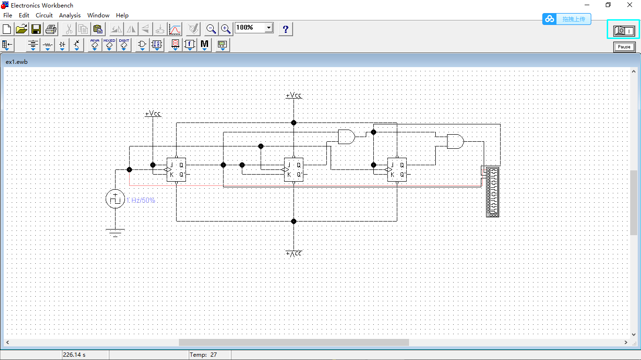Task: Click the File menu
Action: (8, 15)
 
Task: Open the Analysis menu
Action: (70, 15)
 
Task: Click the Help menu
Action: (122, 15)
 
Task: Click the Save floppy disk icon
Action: (36, 29)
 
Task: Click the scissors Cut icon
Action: (69, 29)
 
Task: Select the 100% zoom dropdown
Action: (254, 28)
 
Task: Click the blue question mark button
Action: (285, 29)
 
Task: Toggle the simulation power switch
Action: (624, 31)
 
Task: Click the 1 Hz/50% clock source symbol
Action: (115, 199)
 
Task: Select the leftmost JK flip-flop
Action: (176, 169)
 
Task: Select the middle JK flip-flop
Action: (293, 169)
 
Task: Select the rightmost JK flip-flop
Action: (397, 169)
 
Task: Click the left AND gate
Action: (346, 137)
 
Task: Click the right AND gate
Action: (455, 141)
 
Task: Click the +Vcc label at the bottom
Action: (293, 253)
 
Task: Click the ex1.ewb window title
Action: (16, 61)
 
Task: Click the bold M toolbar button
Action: (204, 45)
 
